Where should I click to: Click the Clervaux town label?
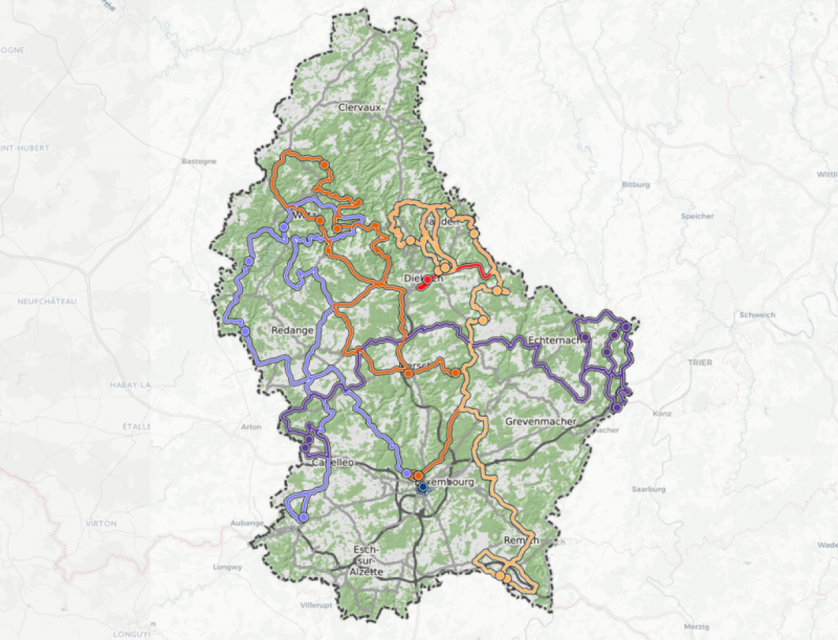point(359,107)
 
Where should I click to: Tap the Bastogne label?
point(199,162)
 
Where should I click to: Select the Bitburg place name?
point(635,185)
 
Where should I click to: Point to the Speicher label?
point(697,216)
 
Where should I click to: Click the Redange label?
point(292,330)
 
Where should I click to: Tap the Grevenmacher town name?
point(541,421)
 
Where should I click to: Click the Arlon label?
point(251,427)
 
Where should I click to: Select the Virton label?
point(101,523)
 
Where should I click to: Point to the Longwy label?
point(227,567)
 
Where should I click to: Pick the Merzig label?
point(696,626)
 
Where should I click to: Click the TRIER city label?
point(700,362)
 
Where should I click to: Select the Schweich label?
point(757,315)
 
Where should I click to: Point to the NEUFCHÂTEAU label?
point(47,301)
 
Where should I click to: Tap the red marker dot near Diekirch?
point(428,280)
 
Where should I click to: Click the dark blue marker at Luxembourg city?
point(422,487)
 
